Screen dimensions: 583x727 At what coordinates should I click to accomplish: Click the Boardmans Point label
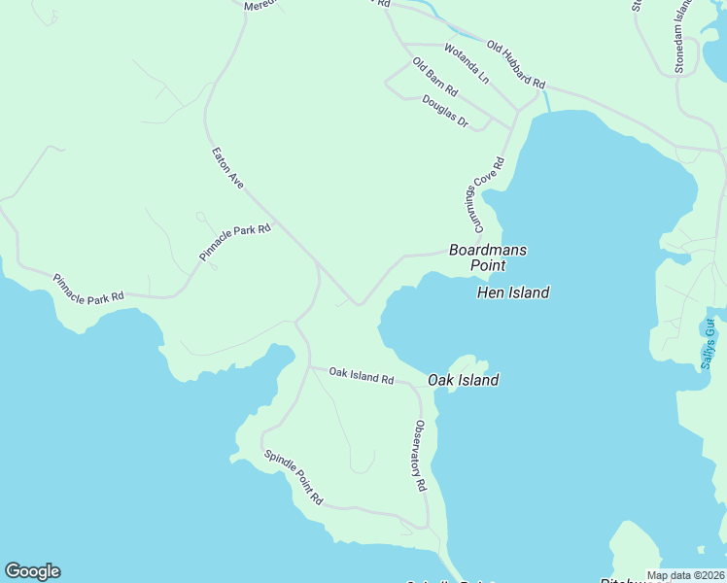488,257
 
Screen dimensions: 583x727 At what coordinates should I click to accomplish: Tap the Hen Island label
513,292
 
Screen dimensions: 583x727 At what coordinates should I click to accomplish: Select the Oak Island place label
464,380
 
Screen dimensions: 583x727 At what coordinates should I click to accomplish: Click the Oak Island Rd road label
361,375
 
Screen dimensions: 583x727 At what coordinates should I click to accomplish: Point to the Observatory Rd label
420,455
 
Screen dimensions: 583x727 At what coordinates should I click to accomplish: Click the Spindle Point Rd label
293,478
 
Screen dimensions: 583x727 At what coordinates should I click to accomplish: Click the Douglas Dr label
445,112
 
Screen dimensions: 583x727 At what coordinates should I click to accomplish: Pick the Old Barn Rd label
434,77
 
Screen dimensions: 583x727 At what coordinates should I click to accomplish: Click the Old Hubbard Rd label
516,63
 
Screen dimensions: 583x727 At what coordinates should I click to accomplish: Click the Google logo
32,571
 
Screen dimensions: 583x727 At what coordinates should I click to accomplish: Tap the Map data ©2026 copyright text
685,575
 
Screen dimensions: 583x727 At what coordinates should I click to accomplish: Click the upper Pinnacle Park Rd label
235,242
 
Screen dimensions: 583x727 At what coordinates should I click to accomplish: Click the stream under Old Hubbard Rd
548,99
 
